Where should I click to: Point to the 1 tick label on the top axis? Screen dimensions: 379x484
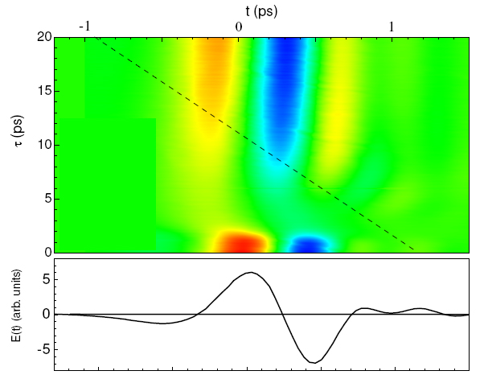[392, 27]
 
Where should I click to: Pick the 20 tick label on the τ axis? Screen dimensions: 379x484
[45, 37]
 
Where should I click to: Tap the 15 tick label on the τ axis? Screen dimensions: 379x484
[45, 91]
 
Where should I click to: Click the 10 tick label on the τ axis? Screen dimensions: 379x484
[45, 145]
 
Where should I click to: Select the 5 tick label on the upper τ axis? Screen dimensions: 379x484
[47, 199]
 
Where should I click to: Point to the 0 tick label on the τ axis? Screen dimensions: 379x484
[47, 252]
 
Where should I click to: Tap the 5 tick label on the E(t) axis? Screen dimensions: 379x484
[47, 279]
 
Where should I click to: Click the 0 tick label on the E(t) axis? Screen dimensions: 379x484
[47, 315]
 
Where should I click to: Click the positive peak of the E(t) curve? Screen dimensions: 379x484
[251, 273]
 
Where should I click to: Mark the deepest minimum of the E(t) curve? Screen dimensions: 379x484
[314, 362]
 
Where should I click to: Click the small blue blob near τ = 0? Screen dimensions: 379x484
[310, 244]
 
